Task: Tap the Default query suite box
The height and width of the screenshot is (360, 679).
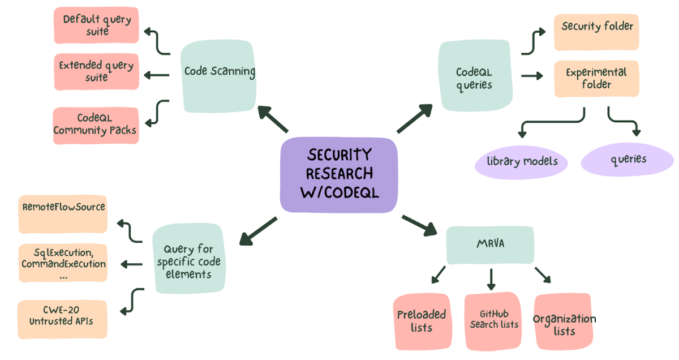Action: (x=97, y=25)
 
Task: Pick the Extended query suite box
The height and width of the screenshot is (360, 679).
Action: (x=97, y=71)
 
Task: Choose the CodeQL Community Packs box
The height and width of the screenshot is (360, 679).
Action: (x=96, y=125)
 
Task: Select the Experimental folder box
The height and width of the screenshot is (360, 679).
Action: (x=596, y=79)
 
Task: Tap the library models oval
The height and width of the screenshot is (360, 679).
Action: (x=522, y=161)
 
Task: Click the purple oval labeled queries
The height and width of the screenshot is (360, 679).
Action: (x=628, y=160)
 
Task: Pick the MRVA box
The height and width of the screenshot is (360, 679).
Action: (x=490, y=245)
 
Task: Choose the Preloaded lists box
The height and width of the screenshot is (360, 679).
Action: (x=422, y=321)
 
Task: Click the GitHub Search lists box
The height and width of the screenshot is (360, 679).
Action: (x=493, y=320)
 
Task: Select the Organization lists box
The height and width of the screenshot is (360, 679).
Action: (x=564, y=323)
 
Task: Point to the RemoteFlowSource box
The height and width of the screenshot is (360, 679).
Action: (x=63, y=215)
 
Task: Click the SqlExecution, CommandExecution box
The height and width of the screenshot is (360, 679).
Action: (x=63, y=263)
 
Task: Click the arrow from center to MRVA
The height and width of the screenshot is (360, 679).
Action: (x=419, y=224)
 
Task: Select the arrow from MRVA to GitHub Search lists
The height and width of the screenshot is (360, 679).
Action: (x=491, y=278)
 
